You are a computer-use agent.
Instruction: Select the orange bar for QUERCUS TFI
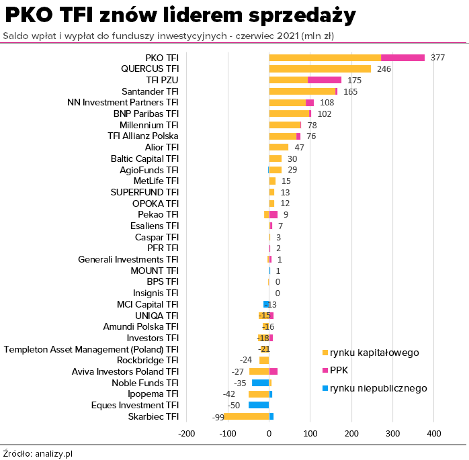[320, 68]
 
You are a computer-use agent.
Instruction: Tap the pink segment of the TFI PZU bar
[325, 80]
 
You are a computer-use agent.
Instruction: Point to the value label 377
[437, 58]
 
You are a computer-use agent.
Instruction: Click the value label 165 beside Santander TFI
[351, 91]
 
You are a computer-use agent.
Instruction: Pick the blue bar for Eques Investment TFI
[259, 405]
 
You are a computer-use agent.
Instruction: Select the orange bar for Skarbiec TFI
[247, 416]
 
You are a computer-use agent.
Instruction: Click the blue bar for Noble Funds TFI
[260, 383]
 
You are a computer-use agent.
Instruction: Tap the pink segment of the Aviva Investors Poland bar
[273, 371]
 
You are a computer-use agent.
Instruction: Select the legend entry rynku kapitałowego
[374, 353]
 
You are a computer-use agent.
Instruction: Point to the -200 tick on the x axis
[187, 433]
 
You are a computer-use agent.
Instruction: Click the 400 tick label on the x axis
[433, 433]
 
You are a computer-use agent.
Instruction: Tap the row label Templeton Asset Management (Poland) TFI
[91, 349]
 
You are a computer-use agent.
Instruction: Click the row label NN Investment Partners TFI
[123, 102]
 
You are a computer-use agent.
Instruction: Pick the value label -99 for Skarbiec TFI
[218, 417]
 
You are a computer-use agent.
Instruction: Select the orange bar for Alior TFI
[279, 147]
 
